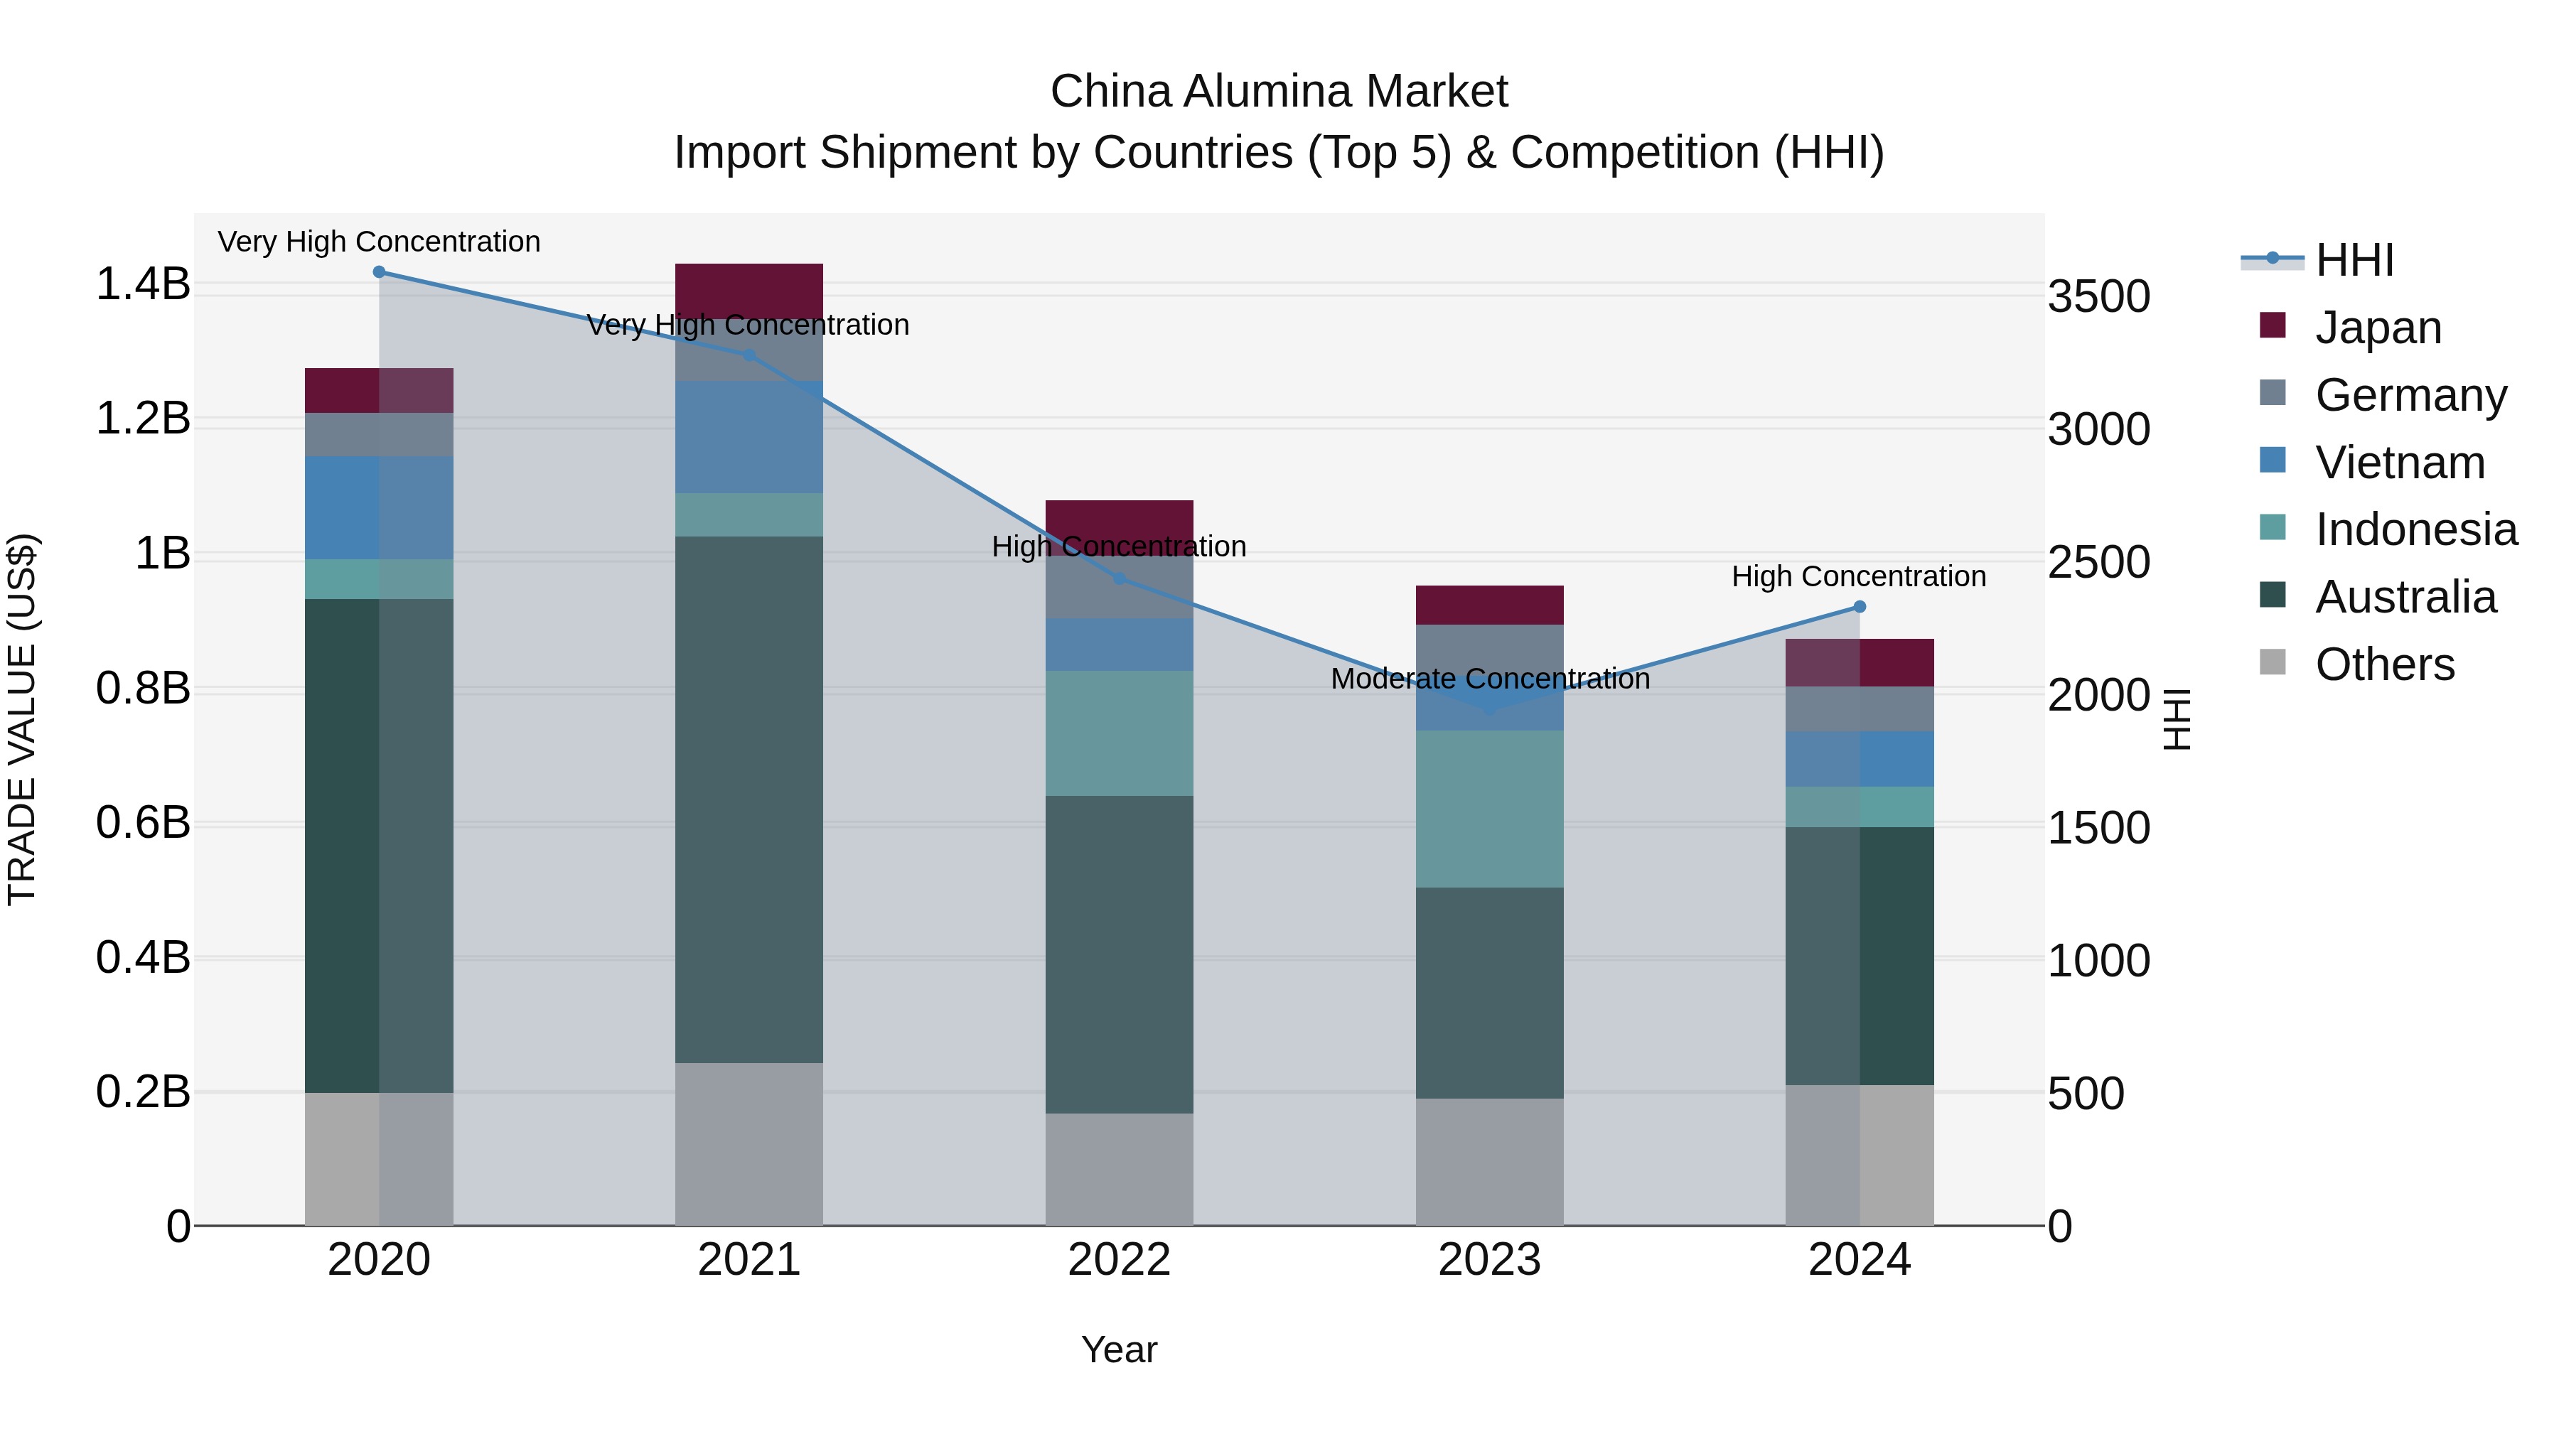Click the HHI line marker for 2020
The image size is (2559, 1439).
click(x=378, y=272)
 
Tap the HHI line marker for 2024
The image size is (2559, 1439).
click(x=1860, y=607)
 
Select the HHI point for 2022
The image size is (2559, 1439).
click(x=1120, y=578)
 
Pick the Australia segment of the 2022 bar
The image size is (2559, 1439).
click(x=1120, y=954)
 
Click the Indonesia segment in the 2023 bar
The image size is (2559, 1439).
click(x=1489, y=809)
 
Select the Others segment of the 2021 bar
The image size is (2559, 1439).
click(x=749, y=1144)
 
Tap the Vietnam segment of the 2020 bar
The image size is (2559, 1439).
click(x=378, y=507)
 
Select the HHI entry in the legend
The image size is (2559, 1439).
click(x=2354, y=260)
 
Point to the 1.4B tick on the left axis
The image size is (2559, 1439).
click(x=143, y=285)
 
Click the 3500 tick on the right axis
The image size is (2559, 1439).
click(x=2098, y=297)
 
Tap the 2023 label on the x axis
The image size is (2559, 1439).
click(x=1489, y=1260)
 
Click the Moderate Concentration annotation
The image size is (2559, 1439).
click(x=1489, y=679)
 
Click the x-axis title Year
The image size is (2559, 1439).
click(x=1119, y=1349)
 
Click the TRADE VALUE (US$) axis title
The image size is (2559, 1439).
click(x=22, y=719)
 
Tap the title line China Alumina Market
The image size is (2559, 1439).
click(x=1279, y=92)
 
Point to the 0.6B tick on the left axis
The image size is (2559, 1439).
click(x=143, y=824)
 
